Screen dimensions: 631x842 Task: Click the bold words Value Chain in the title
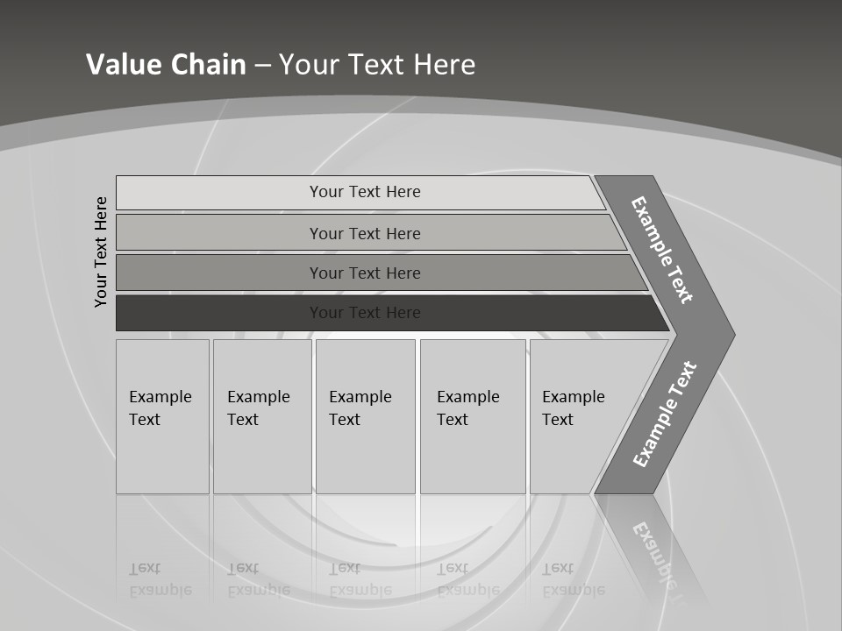[x=166, y=65]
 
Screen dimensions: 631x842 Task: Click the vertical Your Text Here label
[x=101, y=252]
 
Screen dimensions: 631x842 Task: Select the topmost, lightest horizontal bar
[x=364, y=192]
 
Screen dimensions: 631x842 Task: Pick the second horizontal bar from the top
[x=364, y=233]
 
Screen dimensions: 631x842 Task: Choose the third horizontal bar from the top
[x=364, y=273]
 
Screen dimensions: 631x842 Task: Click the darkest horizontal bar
[x=364, y=313]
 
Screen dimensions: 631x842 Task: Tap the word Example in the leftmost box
[x=160, y=397]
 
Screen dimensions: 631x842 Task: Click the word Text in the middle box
[x=344, y=420]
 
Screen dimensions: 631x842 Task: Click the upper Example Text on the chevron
[x=662, y=250]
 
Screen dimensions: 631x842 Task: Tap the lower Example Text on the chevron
[x=664, y=415]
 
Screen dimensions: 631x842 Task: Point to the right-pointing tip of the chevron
[x=731, y=335]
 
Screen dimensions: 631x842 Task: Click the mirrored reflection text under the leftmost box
[x=160, y=579]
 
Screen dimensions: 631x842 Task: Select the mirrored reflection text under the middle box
[x=360, y=579]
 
